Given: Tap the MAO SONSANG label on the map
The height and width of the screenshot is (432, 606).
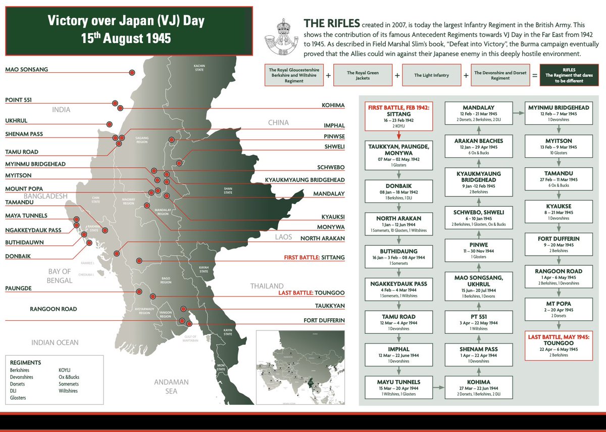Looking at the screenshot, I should coord(27,69).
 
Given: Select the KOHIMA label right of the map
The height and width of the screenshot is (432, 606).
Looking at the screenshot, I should coord(333,106).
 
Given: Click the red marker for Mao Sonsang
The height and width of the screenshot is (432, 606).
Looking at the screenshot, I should coord(132,73).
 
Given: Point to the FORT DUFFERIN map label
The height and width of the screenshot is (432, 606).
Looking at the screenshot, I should coord(324,320).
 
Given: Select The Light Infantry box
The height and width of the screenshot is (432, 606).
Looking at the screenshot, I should coord(432,75).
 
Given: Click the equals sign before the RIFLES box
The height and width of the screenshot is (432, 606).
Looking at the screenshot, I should coord(534,75).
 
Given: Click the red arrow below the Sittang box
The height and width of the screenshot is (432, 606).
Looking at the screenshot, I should coord(399,135).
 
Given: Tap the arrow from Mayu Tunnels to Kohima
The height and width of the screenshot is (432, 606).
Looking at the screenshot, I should coord(438,385).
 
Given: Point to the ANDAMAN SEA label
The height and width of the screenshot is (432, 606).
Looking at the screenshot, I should coord(171,387).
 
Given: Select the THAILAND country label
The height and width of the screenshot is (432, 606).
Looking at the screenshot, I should coord(267,286).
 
